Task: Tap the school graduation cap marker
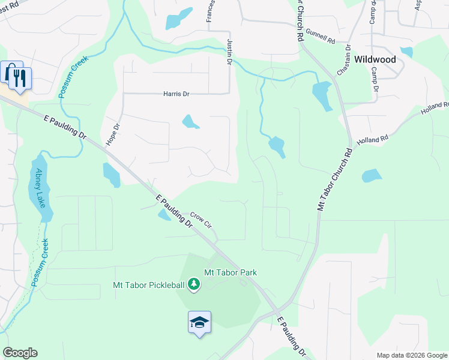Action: click(199, 322)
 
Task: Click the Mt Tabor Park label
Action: click(231, 272)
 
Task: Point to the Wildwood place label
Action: click(375, 59)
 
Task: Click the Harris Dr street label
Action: click(176, 94)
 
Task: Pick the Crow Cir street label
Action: click(201, 220)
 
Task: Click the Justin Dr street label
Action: click(229, 52)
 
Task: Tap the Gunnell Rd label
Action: click(320, 37)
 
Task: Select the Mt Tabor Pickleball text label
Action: click(148, 285)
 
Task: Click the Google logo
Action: click(20, 353)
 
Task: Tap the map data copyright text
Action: click(411, 355)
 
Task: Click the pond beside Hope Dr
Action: click(112, 173)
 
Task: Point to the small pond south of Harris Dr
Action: click(191, 122)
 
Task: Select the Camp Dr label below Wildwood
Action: click(375, 83)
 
